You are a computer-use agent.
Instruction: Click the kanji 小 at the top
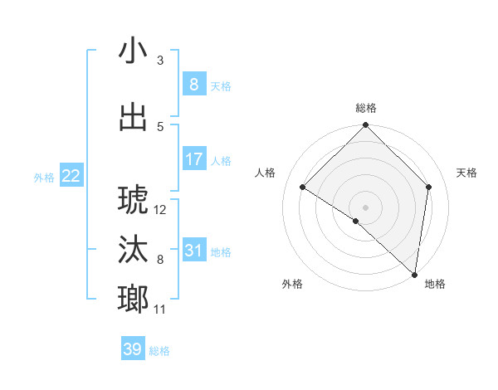point(134,51)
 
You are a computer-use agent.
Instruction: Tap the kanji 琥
point(134,200)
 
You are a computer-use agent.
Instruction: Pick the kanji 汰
point(134,251)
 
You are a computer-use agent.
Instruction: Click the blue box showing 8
point(193,85)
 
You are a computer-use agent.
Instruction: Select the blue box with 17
point(193,159)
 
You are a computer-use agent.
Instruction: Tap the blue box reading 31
point(193,251)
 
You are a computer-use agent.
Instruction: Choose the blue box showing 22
point(71,176)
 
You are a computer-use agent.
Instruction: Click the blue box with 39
point(133,350)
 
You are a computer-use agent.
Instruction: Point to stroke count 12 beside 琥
point(161,210)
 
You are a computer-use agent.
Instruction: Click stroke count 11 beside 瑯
point(160,310)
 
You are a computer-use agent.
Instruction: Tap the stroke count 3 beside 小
point(160,61)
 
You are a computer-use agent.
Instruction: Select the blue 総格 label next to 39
point(159,352)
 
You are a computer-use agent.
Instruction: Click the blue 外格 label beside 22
point(44,178)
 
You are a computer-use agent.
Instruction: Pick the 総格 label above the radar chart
point(365,108)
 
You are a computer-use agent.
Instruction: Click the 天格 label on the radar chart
point(467,173)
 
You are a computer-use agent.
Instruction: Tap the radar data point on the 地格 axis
point(414,274)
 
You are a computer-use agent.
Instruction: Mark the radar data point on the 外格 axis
point(356,221)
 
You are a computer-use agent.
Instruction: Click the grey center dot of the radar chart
point(365,207)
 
